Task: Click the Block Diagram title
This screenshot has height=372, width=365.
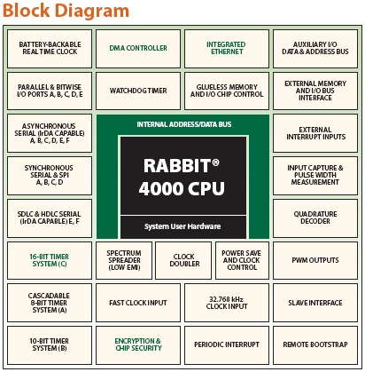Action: coord(66,11)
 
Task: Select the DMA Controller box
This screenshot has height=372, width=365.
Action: coord(138,49)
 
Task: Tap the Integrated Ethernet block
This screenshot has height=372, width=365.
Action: coord(227,49)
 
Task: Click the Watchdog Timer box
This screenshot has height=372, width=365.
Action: coord(138,91)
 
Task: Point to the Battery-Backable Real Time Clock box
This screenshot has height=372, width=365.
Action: coord(50,49)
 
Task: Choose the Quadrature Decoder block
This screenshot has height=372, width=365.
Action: coord(315,218)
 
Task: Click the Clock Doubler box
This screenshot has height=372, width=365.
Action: coord(183,260)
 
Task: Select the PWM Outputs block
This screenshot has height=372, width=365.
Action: coord(315,260)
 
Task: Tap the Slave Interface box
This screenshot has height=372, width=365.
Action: coord(315,303)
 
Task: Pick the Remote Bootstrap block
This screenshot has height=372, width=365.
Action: coord(315,345)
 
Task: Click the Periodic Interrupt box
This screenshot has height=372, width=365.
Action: coord(227,345)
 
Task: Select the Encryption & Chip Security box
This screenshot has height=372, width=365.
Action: coord(138,345)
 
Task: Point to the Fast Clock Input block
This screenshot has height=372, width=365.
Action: coord(138,303)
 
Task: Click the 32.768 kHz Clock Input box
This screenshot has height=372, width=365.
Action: coord(227,303)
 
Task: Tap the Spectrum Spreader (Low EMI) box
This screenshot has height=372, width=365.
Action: coord(124,260)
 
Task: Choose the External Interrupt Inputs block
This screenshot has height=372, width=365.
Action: coord(315,133)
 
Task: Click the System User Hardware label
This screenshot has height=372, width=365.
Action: coord(182,226)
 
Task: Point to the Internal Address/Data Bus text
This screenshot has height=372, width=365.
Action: coord(184,124)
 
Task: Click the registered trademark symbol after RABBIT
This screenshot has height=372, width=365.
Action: coord(215,162)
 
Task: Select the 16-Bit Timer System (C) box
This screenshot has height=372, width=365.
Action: coord(50,260)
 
